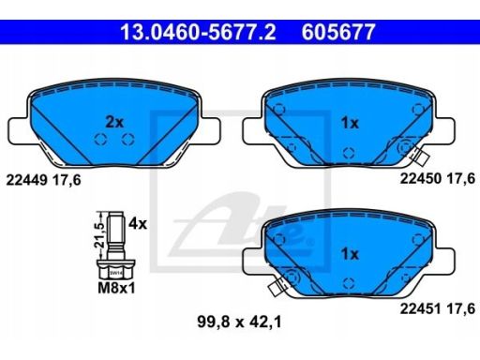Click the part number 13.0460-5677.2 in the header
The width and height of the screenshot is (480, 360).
tap(198, 32)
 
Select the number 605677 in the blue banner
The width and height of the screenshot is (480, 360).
tap(338, 32)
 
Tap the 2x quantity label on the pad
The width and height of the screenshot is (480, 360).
tap(114, 122)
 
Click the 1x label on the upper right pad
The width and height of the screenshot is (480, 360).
tap(350, 123)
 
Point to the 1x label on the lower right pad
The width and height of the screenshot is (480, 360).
tap(350, 254)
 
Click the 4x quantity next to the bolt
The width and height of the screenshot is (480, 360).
tap(138, 224)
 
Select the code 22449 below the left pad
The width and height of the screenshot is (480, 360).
tap(27, 180)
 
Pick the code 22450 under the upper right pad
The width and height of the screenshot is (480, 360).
tap(421, 179)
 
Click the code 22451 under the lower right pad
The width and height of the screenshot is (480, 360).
tap(421, 308)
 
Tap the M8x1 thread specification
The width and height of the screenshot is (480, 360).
tap(116, 288)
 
